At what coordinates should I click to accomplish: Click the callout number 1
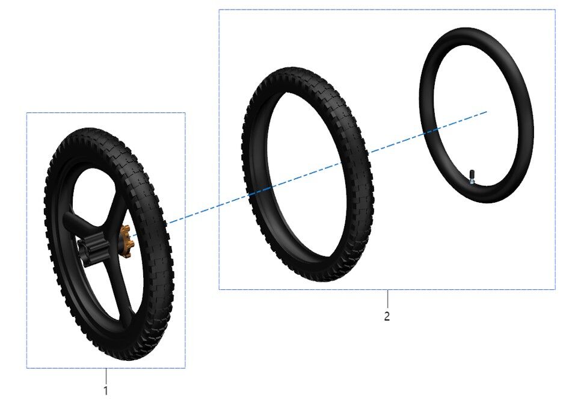(106, 391)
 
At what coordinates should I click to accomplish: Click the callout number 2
(387, 316)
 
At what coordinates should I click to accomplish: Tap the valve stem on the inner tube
(472, 177)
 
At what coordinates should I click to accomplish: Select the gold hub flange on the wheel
(126, 241)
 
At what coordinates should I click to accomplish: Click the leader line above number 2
(387, 298)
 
